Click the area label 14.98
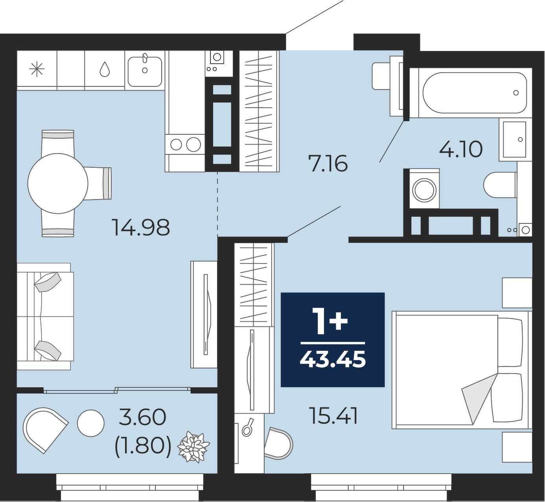coord(141,227)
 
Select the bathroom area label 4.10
coord(461,149)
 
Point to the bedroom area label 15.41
coord(333,416)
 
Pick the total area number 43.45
coord(333,359)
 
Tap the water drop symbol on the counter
coord(105,69)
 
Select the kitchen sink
coord(145,70)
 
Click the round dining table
coord(58,183)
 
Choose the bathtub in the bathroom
coord(475,93)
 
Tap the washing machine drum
coord(424,189)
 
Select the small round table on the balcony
coord(90,423)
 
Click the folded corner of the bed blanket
coord(478,395)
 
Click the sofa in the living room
coord(45,316)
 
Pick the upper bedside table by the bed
coord(517,293)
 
